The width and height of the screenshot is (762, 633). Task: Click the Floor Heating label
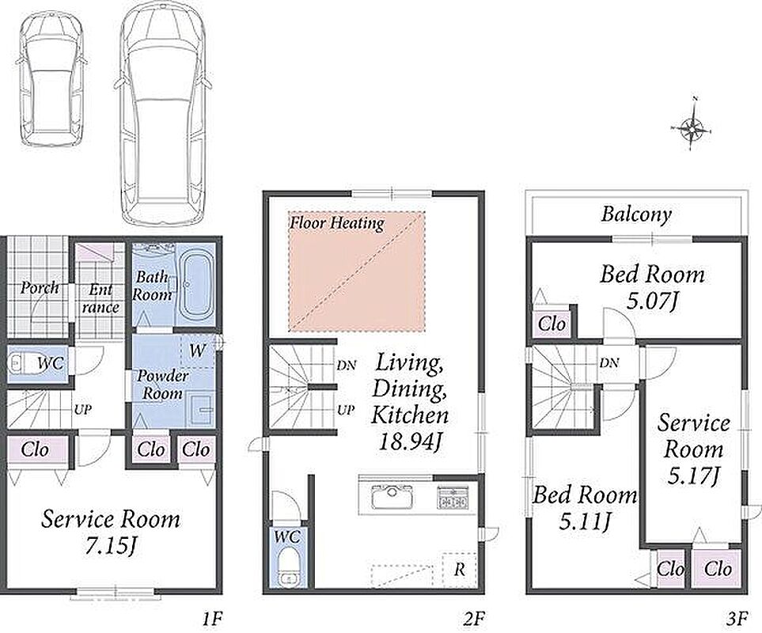(x=337, y=223)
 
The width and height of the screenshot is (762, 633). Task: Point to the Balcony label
(x=636, y=214)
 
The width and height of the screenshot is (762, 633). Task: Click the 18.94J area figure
(x=409, y=442)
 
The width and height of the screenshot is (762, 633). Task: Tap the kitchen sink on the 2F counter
(x=392, y=496)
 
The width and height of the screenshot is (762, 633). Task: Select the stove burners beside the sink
(x=453, y=496)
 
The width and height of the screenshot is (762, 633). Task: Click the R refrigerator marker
(x=459, y=569)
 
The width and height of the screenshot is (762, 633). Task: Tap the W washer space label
(x=197, y=351)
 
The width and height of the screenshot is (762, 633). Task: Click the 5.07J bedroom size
(x=652, y=301)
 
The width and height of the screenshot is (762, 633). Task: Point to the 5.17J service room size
(x=693, y=475)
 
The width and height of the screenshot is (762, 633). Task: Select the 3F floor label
(x=737, y=619)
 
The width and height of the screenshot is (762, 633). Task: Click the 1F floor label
(x=212, y=619)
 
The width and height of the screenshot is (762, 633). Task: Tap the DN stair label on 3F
(x=609, y=362)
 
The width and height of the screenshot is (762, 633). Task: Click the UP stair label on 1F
(x=82, y=410)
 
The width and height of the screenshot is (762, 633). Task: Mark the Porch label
(x=40, y=288)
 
